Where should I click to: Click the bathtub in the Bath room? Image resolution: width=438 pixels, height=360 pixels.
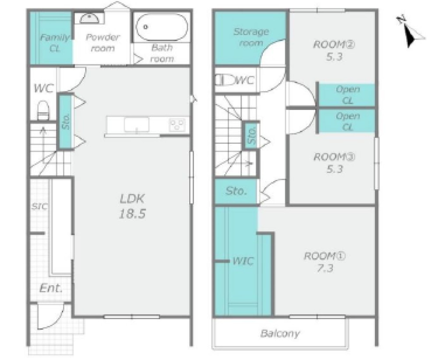[162, 27]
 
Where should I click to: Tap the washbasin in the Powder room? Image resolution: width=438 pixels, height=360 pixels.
[89, 19]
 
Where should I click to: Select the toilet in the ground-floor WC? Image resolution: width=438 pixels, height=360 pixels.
[43, 110]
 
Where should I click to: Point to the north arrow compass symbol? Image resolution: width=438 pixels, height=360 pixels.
[410, 32]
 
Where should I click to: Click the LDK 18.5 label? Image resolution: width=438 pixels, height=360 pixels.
[132, 207]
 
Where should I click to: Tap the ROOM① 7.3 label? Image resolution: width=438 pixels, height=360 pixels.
[325, 262]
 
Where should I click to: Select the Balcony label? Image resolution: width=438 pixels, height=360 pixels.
[280, 333]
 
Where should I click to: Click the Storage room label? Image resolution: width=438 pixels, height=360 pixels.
[251, 37]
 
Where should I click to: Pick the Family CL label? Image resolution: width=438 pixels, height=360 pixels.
[55, 43]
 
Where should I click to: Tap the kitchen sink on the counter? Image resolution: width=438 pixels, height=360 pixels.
[137, 125]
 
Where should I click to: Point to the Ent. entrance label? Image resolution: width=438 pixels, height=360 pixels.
[51, 288]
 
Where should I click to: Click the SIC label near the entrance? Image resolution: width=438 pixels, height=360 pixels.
[39, 207]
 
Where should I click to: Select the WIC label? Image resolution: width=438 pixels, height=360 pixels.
[243, 261]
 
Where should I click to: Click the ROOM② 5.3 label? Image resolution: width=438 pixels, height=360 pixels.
[334, 50]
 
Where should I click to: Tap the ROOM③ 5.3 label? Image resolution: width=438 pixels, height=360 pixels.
[334, 163]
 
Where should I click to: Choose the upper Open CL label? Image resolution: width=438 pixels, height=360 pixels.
[347, 95]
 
